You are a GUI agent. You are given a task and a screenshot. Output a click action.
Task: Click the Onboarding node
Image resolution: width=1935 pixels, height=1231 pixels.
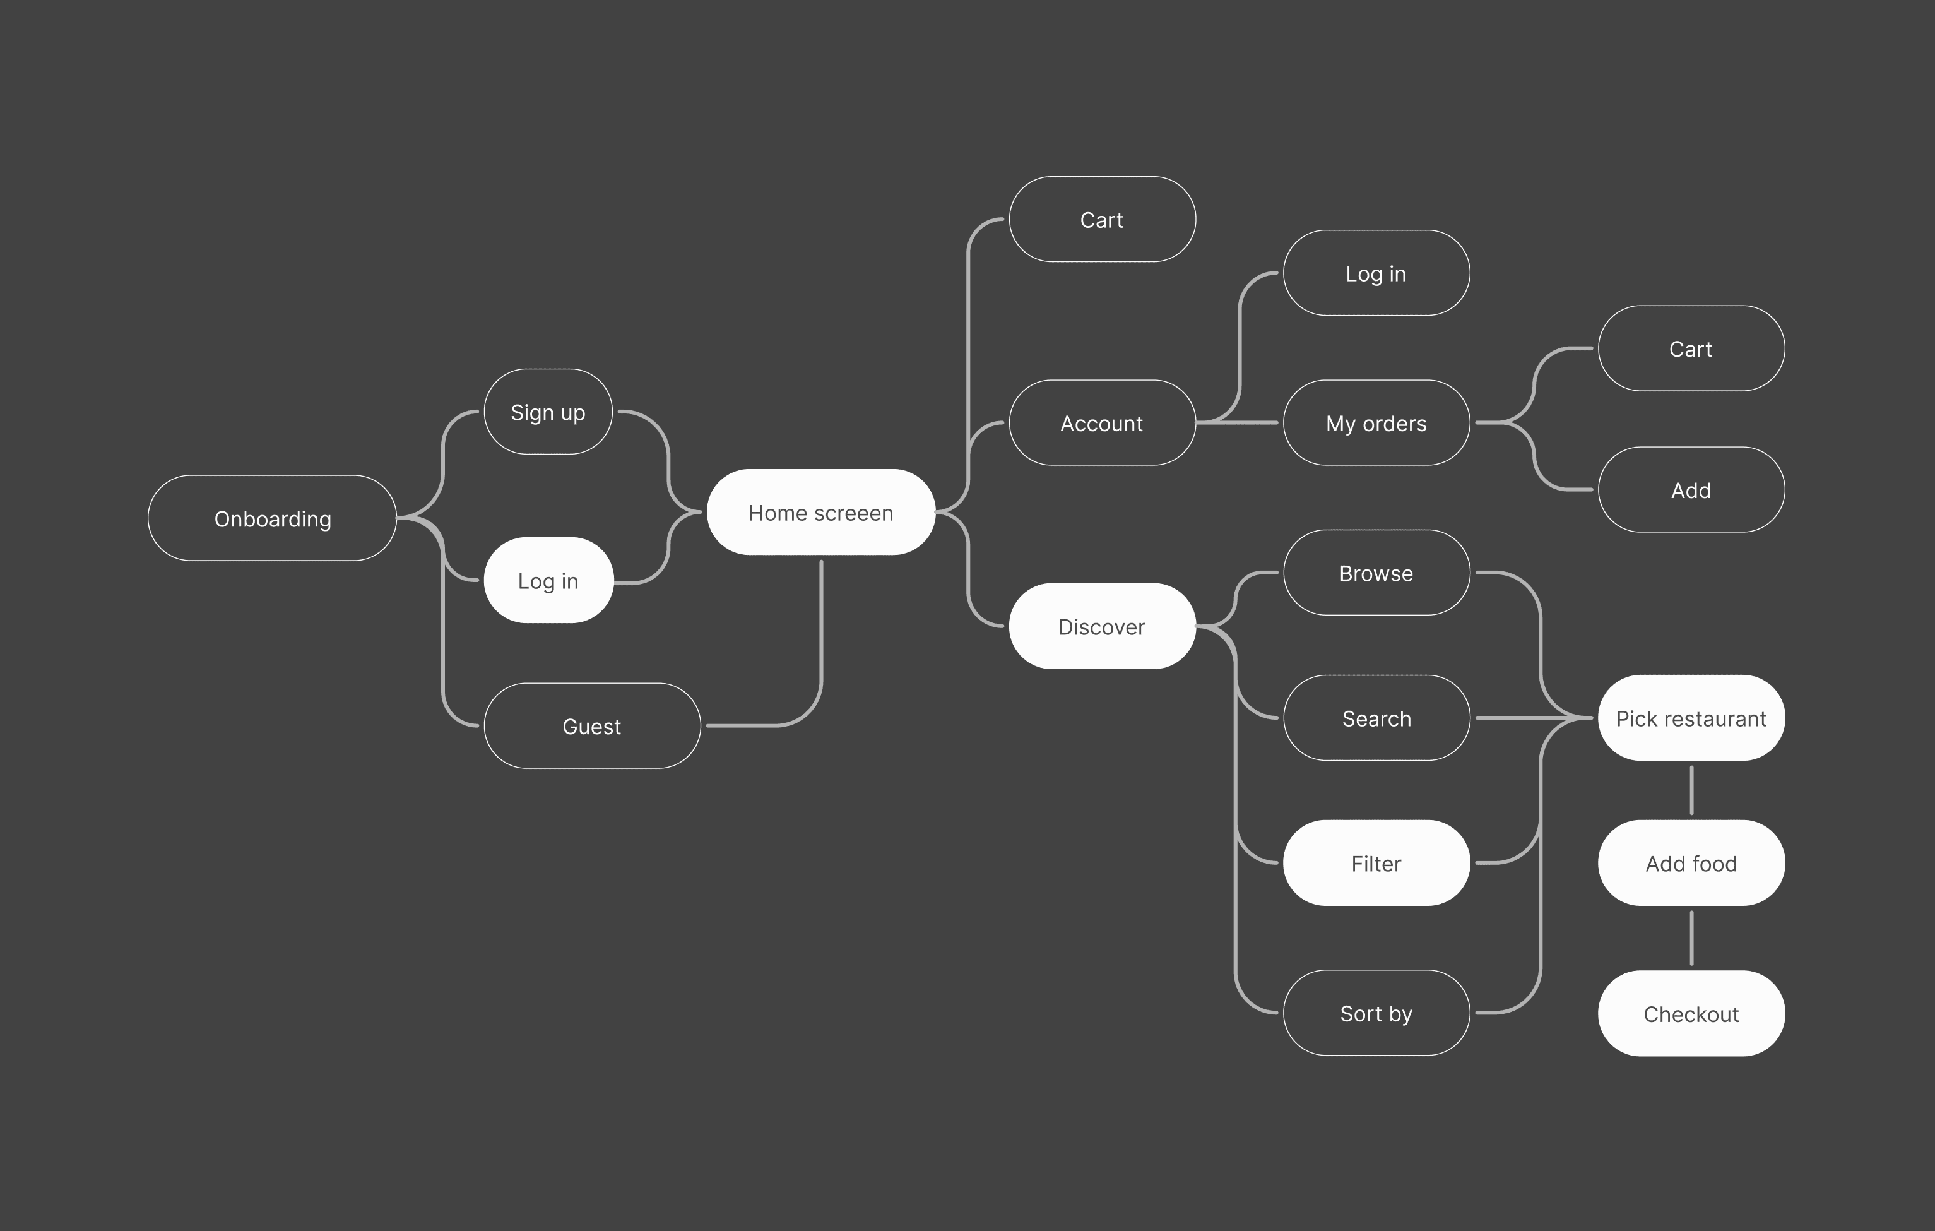(x=273, y=518)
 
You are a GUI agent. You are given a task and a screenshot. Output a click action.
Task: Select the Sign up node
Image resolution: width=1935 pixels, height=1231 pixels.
(x=548, y=412)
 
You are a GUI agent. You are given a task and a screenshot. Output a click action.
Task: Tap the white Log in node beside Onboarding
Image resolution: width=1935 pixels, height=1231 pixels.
(x=548, y=580)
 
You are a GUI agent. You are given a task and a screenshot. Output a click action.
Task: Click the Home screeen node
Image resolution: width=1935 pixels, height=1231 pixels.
(x=820, y=513)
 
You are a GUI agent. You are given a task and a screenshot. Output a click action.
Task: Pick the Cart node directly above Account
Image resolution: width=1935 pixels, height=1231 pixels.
(x=1102, y=219)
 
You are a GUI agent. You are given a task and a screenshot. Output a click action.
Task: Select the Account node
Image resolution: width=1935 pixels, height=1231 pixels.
(x=1102, y=423)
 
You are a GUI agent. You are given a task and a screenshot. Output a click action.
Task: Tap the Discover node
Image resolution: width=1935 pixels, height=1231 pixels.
(x=1102, y=626)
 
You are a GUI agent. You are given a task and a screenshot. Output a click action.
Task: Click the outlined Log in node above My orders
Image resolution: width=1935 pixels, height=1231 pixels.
(x=1376, y=273)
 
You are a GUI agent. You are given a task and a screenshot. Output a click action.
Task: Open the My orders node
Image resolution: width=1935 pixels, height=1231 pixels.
(x=1376, y=423)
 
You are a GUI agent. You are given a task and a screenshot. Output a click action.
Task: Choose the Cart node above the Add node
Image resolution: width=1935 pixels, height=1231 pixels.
(x=1691, y=348)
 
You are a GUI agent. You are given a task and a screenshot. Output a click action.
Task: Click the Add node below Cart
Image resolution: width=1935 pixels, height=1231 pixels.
(x=1691, y=490)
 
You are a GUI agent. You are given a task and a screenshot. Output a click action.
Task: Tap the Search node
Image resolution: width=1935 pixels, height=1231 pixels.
(x=1376, y=718)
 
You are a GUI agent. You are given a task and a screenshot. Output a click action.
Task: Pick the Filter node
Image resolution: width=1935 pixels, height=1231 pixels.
(x=1376, y=863)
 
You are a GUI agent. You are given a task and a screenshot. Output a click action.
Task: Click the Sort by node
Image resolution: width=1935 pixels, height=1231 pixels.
(x=1376, y=1013)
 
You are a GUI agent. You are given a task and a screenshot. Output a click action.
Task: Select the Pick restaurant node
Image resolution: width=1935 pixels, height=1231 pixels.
(x=1691, y=718)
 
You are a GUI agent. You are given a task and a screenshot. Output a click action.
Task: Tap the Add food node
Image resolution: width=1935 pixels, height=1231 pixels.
(x=1691, y=863)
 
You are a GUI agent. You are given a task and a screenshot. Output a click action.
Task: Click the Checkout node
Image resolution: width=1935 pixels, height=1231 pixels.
(x=1691, y=1014)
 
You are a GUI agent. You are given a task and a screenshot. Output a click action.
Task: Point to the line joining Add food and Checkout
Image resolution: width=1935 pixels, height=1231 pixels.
(x=1691, y=937)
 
